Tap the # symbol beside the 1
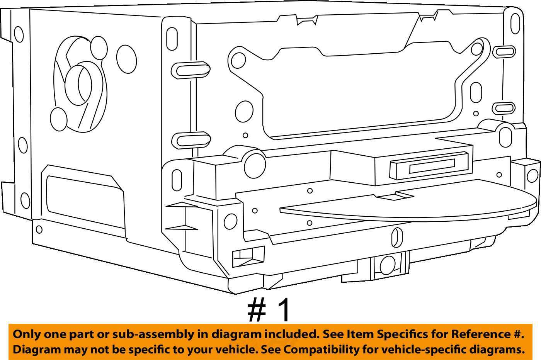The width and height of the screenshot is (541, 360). pos(257,310)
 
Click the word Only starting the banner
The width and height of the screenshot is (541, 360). pos(25,335)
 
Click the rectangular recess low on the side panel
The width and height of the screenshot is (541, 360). pos(83,198)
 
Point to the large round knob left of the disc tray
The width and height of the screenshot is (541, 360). pos(255,165)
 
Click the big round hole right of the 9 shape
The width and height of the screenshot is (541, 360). pos(126,59)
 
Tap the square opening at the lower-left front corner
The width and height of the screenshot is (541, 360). pos(248,256)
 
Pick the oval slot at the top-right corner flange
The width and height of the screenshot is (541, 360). pos(515,24)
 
